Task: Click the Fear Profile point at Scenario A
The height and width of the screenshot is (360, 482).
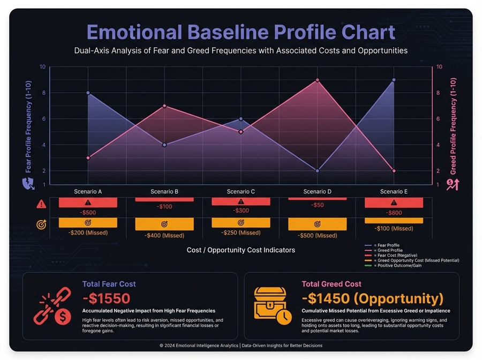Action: coord(88,93)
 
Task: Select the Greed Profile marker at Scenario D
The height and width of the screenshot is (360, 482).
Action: coord(317,80)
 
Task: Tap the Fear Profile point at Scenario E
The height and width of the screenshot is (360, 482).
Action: coord(394,80)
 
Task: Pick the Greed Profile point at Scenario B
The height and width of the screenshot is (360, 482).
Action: coord(164,106)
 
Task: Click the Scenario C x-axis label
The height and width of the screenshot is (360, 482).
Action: coord(241,191)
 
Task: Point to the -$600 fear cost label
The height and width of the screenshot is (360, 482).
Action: coord(394,213)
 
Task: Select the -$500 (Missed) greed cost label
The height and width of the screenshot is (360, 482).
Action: coord(317,235)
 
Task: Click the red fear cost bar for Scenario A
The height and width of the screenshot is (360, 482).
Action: coord(88,202)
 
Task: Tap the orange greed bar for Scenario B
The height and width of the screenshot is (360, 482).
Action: coord(164,224)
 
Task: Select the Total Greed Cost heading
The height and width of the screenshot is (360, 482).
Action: coord(332,284)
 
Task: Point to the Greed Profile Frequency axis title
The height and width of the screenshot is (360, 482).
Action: coord(454,126)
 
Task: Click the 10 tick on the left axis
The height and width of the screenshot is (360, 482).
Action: coord(42,67)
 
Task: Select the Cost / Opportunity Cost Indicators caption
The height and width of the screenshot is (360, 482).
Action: coord(241,250)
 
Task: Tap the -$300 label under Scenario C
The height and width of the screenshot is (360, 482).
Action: coord(241,211)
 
